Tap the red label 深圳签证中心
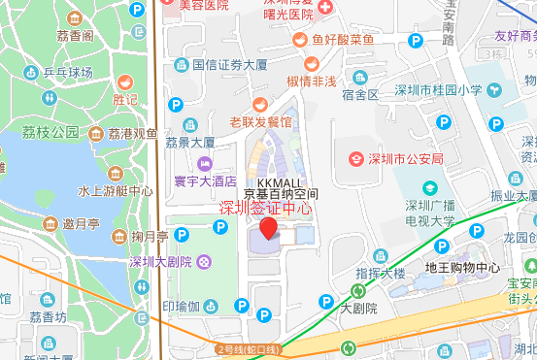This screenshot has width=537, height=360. pyautogui.click(x=264, y=207)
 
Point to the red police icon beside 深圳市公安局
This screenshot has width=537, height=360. pyautogui.click(x=356, y=158)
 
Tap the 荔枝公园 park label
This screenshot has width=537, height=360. pyautogui.click(x=50, y=132)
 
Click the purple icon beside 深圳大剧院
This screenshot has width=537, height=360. pyautogui.click(x=203, y=261)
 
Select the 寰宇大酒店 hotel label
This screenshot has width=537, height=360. pyautogui.click(x=205, y=180)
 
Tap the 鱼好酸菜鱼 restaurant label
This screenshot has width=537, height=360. pyautogui.click(x=342, y=40)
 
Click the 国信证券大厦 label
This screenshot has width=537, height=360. pyautogui.click(x=229, y=66)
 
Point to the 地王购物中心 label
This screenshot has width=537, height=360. pyautogui.click(x=462, y=267)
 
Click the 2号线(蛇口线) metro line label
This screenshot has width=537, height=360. pyautogui.click(x=247, y=348)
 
